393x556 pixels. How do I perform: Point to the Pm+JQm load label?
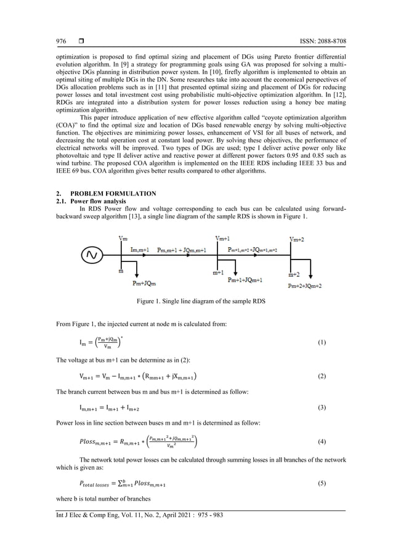(144, 284)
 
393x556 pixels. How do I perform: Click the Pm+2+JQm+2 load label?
(304, 286)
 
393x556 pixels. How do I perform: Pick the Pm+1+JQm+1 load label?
(245, 279)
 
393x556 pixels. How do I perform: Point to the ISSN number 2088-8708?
(331, 41)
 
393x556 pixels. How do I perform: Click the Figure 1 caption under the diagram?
(197, 301)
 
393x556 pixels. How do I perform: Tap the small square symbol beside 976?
(81, 41)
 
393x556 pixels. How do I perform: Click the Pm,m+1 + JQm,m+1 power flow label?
(182, 250)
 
